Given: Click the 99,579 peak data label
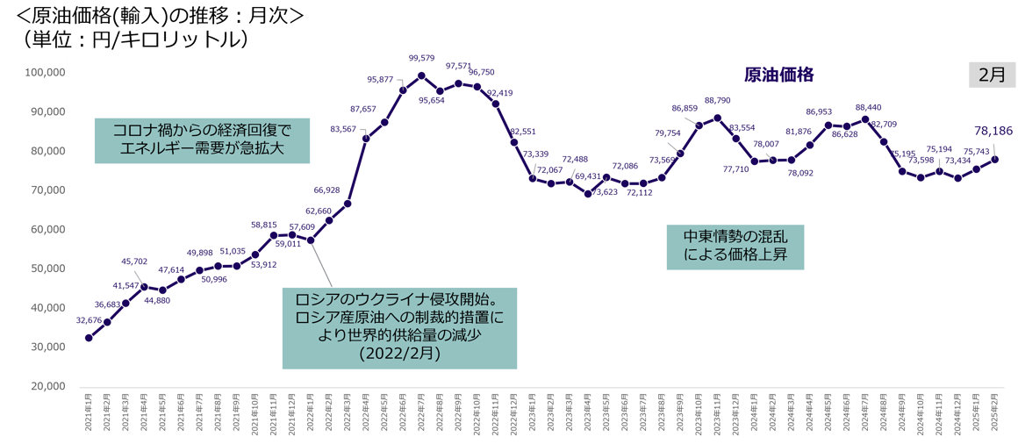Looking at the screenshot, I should [422, 58].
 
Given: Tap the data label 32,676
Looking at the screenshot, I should [90, 321].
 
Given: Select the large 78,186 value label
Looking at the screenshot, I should [993, 131].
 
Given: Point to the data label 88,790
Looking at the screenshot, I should [717, 100].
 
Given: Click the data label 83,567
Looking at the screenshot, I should [343, 129].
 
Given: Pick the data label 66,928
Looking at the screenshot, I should [326, 189].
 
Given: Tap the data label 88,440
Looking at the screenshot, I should [868, 107].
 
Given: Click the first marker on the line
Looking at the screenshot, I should [89, 338].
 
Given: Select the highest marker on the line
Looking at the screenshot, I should [421, 75].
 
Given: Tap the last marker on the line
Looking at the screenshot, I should [995, 159].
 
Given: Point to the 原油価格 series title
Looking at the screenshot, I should [779, 74].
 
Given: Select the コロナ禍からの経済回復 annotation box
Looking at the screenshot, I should [203, 139].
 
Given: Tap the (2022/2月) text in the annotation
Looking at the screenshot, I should [399, 354].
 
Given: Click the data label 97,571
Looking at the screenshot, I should [458, 66].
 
